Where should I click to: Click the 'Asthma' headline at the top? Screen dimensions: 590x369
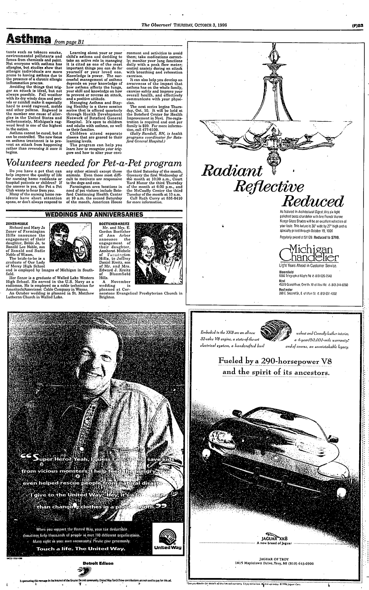[26, 40]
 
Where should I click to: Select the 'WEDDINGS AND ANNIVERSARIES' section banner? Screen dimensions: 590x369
[94, 214]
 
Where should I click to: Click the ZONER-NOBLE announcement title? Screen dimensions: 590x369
[18, 223]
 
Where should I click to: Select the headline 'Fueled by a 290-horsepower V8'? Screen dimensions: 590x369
[275, 361]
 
